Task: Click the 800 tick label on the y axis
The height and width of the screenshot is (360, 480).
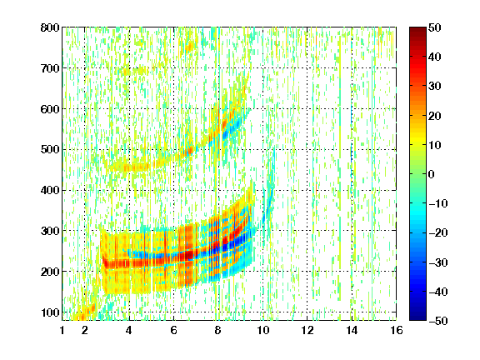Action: pyautogui.click(x=50, y=27)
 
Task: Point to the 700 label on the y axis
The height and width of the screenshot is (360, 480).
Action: pyautogui.click(x=50, y=68)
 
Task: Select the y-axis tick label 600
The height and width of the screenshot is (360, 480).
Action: pyautogui.click(x=50, y=109)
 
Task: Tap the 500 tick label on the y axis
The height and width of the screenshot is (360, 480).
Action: pyautogui.click(x=50, y=150)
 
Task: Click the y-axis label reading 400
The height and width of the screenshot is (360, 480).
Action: pyautogui.click(x=50, y=190)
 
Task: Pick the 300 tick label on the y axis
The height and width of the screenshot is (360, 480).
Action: pyautogui.click(x=50, y=231)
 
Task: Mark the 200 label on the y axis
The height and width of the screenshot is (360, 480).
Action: pyautogui.click(x=50, y=272)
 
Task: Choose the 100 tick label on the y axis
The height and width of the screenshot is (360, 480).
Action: pyautogui.click(x=50, y=312)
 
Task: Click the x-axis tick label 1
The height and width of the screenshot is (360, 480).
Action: pyautogui.click(x=62, y=330)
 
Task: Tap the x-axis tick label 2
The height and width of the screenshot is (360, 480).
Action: pyautogui.click(x=85, y=330)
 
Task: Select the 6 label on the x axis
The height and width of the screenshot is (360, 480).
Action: pyautogui.click(x=174, y=330)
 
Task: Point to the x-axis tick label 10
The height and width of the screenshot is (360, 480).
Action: pyautogui.click(x=262, y=330)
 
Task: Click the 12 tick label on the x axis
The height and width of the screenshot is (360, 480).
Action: pyautogui.click(x=307, y=330)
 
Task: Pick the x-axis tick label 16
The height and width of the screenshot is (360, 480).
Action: pyautogui.click(x=397, y=330)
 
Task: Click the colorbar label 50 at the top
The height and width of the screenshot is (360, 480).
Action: pyautogui.click(x=434, y=27)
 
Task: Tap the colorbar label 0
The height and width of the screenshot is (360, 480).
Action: pyautogui.click(x=432, y=174)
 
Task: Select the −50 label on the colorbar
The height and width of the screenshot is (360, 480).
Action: pyautogui.click(x=438, y=321)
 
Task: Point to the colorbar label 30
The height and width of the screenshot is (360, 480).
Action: pyautogui.click(x=434, y=86)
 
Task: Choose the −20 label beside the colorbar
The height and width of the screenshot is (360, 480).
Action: pyautogui.click(x=438, y=232)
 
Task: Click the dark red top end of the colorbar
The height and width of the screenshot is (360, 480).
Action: pyautogui.click(x=417, y=29)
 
